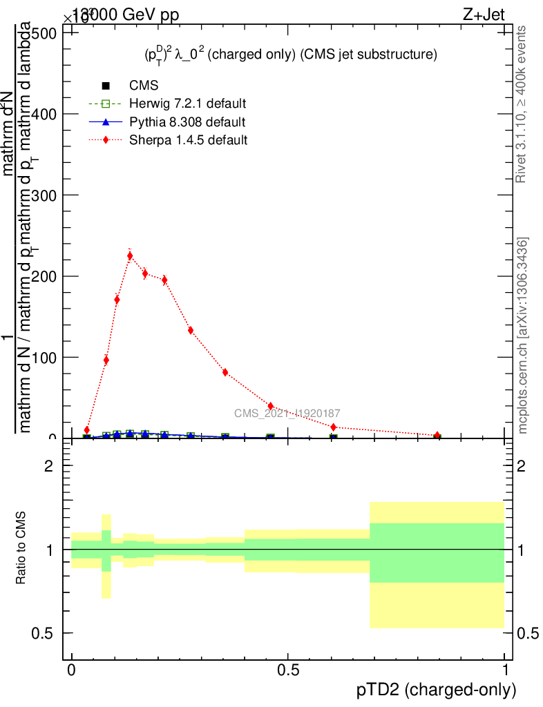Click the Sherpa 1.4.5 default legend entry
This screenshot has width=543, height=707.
[x=188, y=140]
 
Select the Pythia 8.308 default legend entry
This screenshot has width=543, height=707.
[x=187, y=122]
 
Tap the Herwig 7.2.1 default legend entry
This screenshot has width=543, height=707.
[x=188, y=104]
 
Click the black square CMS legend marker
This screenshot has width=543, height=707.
[x=106, y=86]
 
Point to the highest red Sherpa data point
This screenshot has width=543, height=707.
[x=130, y=255]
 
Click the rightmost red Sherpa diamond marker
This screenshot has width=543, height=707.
[x=437, y=436]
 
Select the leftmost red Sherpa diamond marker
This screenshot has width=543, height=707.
[x=87, y=430]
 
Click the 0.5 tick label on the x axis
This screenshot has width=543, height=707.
[x=288, y=670]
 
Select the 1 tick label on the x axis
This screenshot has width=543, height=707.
[x=505, y=670]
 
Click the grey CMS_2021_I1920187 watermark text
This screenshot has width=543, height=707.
[x=287, y=414]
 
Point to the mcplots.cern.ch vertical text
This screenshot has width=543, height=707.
[x=523, y=336]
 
